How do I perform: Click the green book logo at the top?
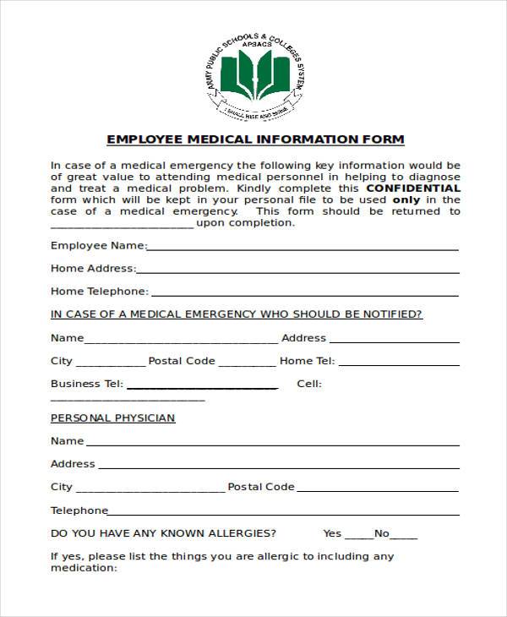point(253,74)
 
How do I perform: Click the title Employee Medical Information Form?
point(255,139)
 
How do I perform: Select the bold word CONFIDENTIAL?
point(414,188)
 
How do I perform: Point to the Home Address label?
point(92,269)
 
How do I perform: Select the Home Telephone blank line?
point(304,295)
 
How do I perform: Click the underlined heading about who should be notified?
point(237,314)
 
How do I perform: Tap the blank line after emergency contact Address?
point(394,341)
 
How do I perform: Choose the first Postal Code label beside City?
point(182,361)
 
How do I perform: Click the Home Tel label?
point(307,361)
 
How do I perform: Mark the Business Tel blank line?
point(202,387)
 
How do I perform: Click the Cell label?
point(309,384)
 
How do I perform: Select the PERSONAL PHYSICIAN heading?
point(113,418)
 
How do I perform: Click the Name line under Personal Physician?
point(273,445)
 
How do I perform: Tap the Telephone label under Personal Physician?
point(79,511)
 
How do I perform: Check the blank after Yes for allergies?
point(358,537)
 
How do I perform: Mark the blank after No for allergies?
point(404,537)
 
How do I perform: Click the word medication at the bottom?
point(82,568)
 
